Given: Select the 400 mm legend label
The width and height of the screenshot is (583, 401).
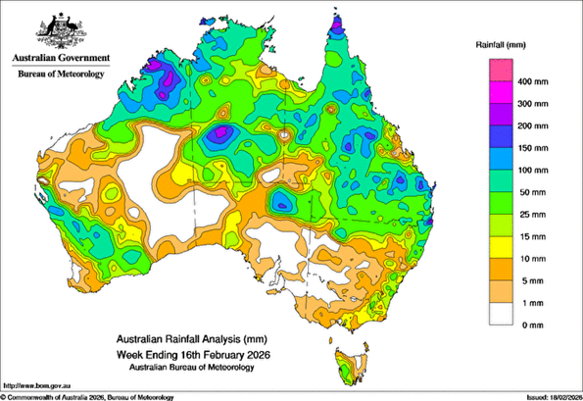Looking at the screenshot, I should tap(537, 81).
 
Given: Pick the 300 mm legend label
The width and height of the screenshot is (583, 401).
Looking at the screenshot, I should tap(537, 102).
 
